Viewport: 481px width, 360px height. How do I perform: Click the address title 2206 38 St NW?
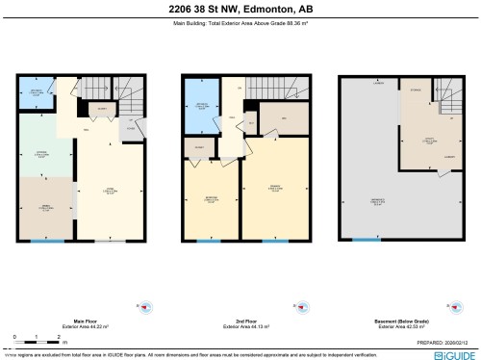click(240, 10)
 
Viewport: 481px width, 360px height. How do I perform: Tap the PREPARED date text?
click(442, 341)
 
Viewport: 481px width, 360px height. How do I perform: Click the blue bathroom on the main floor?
click(36, 93)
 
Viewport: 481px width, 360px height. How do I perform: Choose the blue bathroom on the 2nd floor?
click(202, 107)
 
